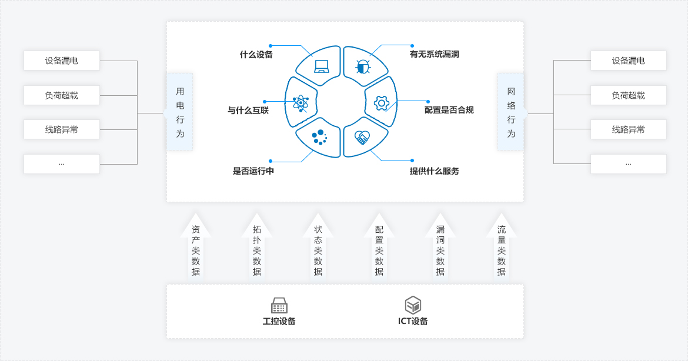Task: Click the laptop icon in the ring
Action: [x=322, y=66]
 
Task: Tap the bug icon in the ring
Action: [x=363, y=66]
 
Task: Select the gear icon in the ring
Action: [x=382, y=103]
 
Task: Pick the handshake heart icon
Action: [x=362, y=138]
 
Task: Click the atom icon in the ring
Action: [x=300, y=102]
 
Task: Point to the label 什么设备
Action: [x=256, y=55]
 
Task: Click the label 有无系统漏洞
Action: [x=434, y=54]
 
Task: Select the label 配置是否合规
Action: [x=449, y=110]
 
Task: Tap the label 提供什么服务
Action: [x=434, y=171]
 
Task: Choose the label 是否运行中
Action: [x=253, y=171]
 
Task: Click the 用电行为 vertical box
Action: [x=180, y=112]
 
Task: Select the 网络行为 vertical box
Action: [x=511, y=112]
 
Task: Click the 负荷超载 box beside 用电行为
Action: [x=62, y=95]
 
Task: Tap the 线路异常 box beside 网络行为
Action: [x=628, y=129]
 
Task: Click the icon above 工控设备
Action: [x=279, y=306]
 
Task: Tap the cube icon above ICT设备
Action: [x=413, y=305]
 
